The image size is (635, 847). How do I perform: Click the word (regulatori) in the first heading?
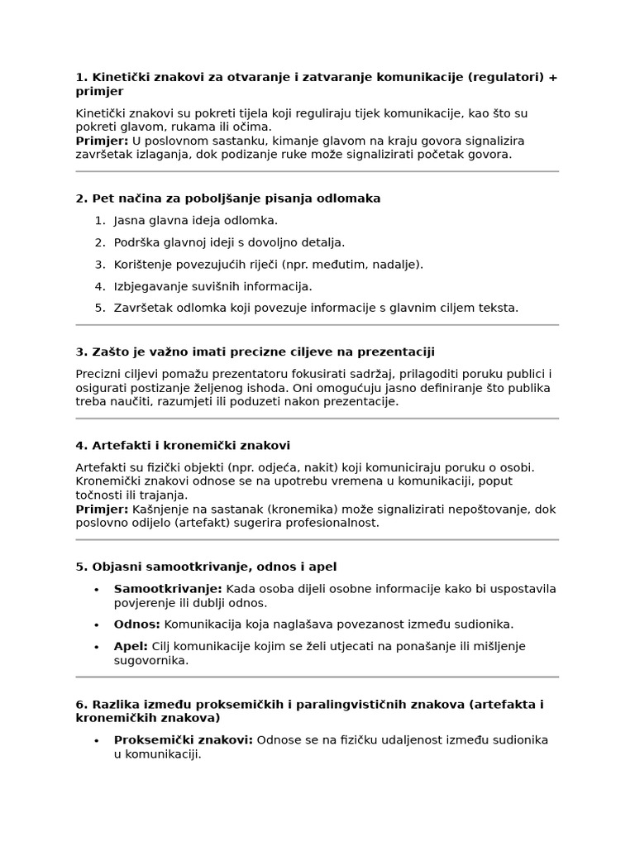pos(505,77)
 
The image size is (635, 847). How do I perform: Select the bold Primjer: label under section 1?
pos(102,141)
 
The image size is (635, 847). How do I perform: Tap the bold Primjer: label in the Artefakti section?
pos(102,509)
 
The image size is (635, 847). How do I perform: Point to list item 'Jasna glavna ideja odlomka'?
pos(195,220)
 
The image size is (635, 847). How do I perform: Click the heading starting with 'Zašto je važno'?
pos(255,352)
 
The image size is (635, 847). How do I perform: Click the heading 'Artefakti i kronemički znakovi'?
pos(183,445)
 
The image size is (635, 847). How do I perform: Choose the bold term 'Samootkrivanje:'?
pos(156,588)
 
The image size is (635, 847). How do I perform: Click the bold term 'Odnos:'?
pos(136,624)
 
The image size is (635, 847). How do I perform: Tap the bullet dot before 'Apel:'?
pos(97,646)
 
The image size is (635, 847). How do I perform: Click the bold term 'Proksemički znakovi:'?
pos(184,739)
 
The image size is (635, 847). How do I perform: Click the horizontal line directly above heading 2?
pos(317,171)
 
